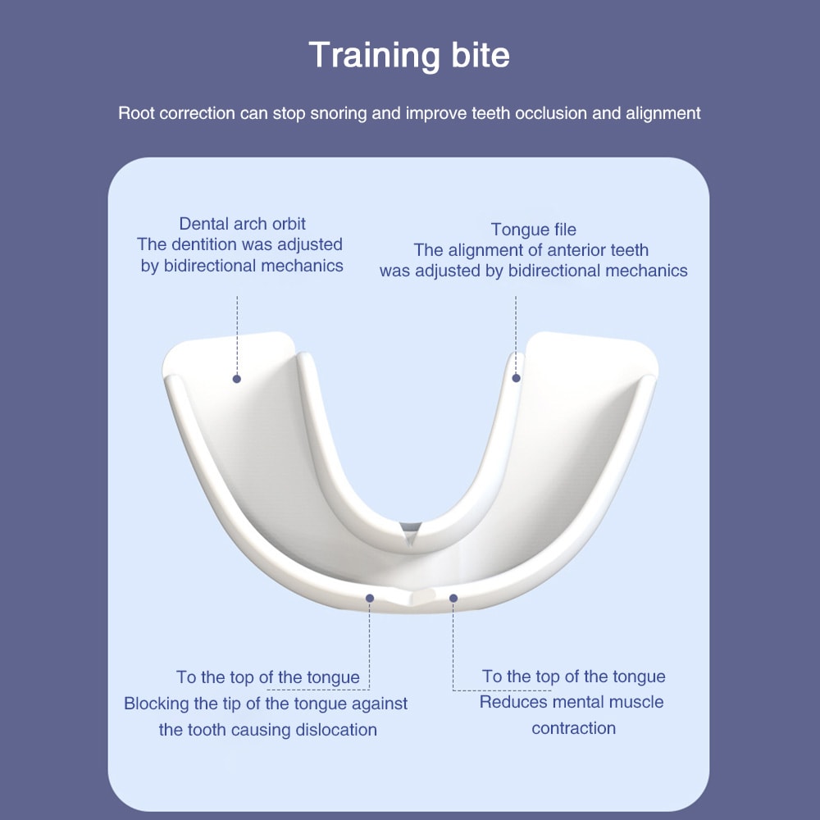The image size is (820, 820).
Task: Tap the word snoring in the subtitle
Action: coord(339,113)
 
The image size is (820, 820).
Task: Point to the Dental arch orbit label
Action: coord(242,223)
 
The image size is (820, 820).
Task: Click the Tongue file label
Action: coord(534,230)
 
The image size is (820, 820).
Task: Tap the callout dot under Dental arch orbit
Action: coord(236,379)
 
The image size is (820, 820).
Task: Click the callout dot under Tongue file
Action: coord(516,378)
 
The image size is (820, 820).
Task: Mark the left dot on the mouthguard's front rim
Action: coord(370,598)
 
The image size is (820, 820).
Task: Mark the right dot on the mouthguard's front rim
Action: coord(453,598)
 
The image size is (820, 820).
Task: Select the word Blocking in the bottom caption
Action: coord(157,704)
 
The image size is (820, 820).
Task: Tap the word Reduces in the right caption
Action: coord(512,702)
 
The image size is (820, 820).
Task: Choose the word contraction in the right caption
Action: coord(573,728)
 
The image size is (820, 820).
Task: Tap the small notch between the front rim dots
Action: coord(411,594)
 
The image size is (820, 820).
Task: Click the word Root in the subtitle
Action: coord(135,113)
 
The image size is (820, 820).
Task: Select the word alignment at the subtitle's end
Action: coord(663,113)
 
